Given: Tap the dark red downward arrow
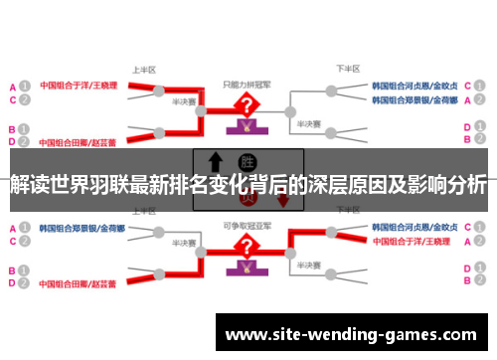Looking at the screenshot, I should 283,199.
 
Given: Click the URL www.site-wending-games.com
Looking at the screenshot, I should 353,334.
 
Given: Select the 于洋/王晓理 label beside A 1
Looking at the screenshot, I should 79,86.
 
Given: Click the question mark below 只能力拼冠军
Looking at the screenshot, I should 245,106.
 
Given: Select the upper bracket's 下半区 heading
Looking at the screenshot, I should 347,70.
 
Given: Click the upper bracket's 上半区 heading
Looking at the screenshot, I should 143,70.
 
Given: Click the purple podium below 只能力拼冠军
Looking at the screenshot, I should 245,127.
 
